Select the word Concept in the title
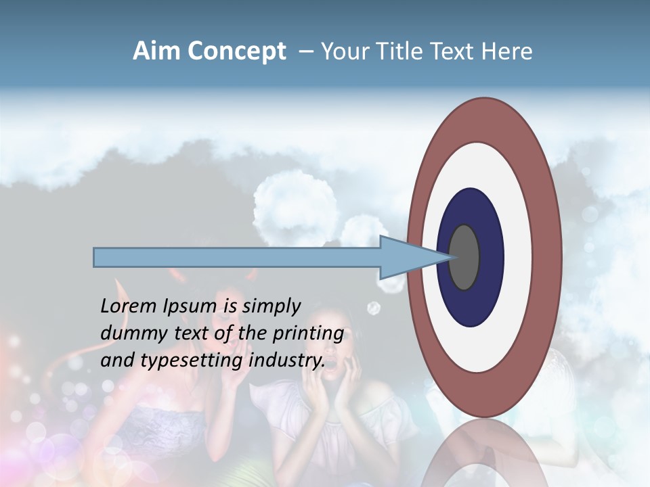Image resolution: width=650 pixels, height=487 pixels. tap(235, 51)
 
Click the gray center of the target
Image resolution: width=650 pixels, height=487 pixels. tap(464, 257)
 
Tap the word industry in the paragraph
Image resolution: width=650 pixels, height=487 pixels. tap(286, 361)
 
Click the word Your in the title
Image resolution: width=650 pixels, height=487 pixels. tap(341, 51)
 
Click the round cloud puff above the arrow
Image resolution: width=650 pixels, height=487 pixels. tap(295, 201)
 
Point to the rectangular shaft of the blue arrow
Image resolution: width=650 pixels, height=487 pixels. tap(237, 257)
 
